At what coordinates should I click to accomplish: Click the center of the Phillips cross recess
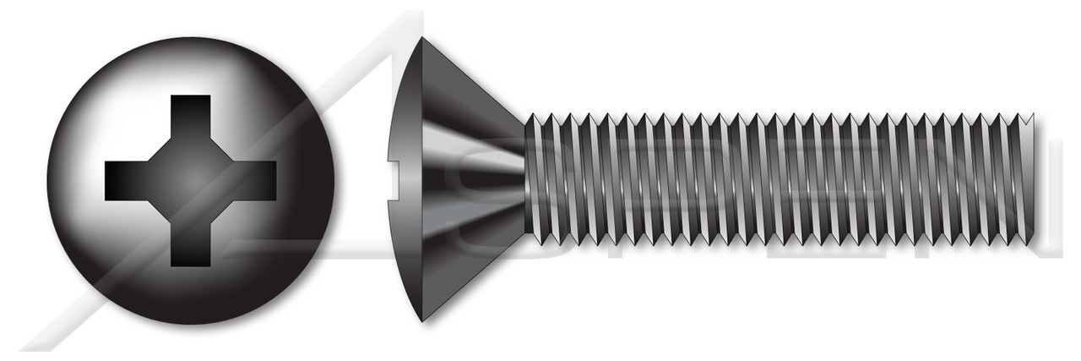coord(190,179)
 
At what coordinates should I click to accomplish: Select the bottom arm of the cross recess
coord(190,244)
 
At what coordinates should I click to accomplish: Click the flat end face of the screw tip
coord(1029,180)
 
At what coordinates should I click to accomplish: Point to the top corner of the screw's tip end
coord(1033,113)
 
